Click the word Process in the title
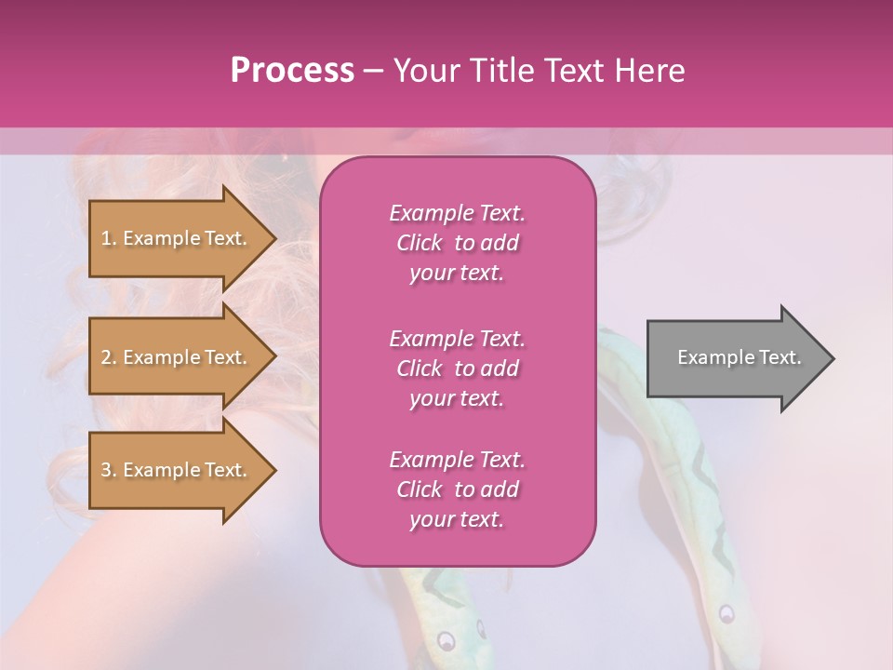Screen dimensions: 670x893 (292, 71)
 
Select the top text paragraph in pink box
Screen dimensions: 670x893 (457, 243)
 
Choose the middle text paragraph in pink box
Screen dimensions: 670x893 (457, 368)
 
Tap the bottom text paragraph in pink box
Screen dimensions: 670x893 (457, 489)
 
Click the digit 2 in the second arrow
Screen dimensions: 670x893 (105, 357)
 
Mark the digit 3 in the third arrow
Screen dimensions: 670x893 (105, 470)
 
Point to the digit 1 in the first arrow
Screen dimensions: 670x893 (105, 238)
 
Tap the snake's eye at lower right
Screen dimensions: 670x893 (726, 612)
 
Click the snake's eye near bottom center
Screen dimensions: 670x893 (446, 641)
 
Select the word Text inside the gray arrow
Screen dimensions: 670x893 (780, 357)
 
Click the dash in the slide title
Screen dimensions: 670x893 (373, 71)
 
